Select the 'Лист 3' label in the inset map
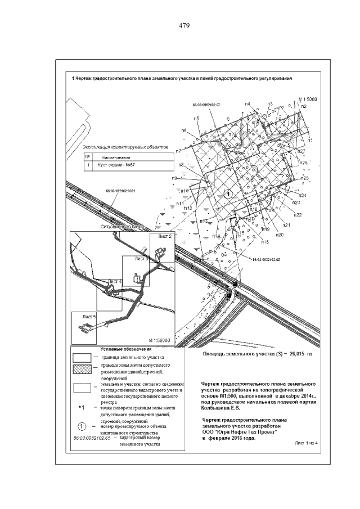click(x=141, y=259)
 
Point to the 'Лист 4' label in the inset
click(x=114, y=281)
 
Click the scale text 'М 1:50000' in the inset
click(x=160, y=341)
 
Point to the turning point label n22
click(x=298, y=215)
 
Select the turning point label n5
click(x=196, y=118)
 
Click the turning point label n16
click(x=264, y=242)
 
